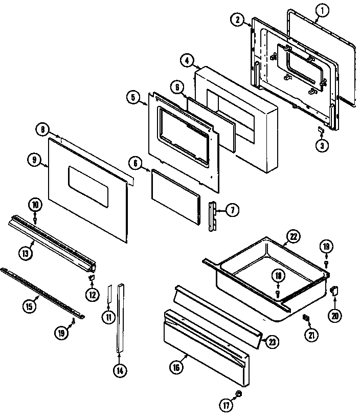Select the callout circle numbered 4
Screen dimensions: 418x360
(x=186, y=60)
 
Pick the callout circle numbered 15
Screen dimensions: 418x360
(x=30, y=306)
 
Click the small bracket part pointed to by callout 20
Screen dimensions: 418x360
(x=334, y=291)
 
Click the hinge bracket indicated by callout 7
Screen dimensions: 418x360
(x=212, y=215)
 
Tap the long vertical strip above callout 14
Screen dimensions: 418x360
(x=120, y=317)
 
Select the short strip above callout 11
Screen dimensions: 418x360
(x=109, y=295)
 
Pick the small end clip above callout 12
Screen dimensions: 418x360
(x=93, y=278)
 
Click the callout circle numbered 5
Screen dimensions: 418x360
(x=132, y=98)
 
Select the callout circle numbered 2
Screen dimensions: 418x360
(x=237, y=19)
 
